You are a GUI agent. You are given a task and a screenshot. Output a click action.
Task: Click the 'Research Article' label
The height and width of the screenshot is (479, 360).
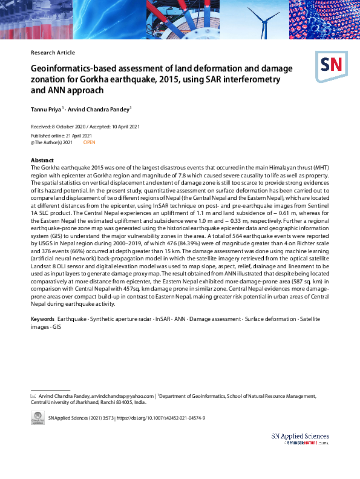[53, 53]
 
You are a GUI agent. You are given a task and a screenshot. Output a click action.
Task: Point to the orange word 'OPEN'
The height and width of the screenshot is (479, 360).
[89, 142]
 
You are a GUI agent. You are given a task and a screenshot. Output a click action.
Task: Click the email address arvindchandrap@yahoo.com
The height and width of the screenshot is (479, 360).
[123, 395]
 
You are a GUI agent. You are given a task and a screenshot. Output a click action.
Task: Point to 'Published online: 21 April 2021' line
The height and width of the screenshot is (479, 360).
[61, 136]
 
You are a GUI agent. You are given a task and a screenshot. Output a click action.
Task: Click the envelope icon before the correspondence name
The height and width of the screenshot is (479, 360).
[33, 395]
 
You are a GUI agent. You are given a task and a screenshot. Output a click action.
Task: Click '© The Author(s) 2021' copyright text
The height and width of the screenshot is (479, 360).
[51, 142]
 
